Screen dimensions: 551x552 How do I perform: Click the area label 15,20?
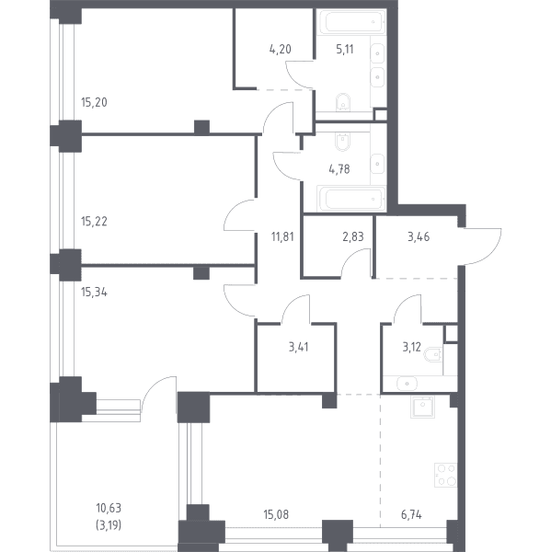pos(94,102)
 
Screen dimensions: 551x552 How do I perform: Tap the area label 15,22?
pos(94,222)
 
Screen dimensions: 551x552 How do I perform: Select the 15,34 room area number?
pos(94,293)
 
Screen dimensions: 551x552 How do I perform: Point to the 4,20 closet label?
pos(281,50)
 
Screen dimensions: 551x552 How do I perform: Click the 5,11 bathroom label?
pos(345,50)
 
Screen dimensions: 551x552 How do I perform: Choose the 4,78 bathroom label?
pos(339,169)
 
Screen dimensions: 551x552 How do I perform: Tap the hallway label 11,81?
pos(282,237)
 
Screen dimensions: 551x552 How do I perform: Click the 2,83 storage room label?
pos(353,237)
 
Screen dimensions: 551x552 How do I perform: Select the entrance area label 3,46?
pos(419,237)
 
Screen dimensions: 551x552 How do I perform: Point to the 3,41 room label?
pos(299,347)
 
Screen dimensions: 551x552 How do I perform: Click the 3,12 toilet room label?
pos(411,347)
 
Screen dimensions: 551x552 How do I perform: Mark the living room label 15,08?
pos(276,514)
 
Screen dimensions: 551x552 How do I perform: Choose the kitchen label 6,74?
pos(411,515)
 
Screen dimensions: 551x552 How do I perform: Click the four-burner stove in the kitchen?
pos(446,475)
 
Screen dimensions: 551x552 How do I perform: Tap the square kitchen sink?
pos(422,407)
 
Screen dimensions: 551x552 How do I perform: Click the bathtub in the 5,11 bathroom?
pos(351,22)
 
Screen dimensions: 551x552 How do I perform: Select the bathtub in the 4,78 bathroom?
pos(351,199)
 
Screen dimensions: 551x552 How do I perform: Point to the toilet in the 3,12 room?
pos(433,354)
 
